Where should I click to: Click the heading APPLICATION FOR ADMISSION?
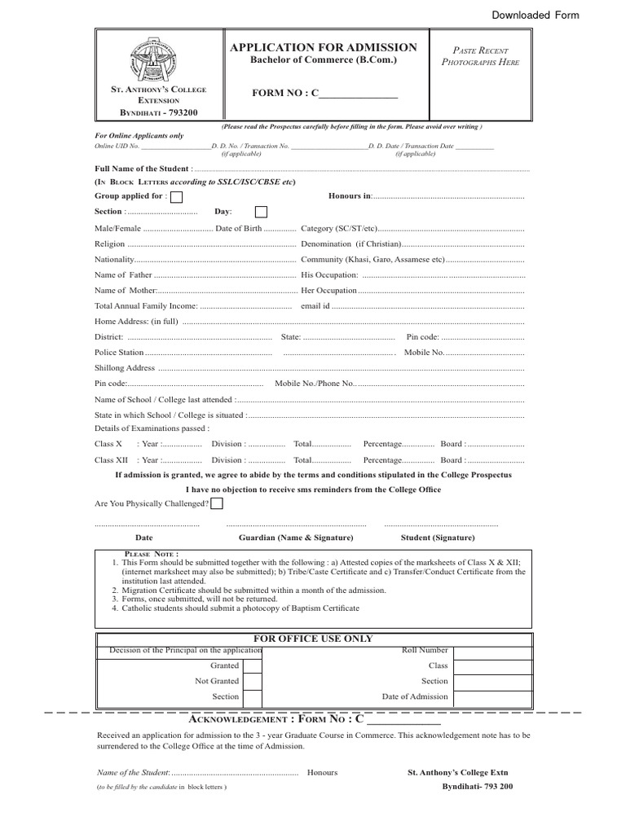pyautogui.click(x=324, y=48)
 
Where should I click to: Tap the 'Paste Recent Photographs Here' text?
pyautogui.click(x=480, y=56)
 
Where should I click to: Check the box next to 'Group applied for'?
pyautogui.click(x=176, y=197)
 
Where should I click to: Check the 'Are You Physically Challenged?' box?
pyautogui.click(x=217, y=503)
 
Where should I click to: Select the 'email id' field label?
pyautogui.click(x=315, y=306)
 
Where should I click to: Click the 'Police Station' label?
pyautogui.click(x=119, y=353)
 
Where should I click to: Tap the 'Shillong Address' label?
pyautogui.click(x=125, y=368)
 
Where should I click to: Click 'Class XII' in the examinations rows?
pyautogui.click(x=110, y=460)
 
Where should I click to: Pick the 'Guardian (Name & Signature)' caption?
pyautogui.click(x=296, y=538)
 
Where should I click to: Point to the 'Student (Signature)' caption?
pyautogui.click(x=438, y=538)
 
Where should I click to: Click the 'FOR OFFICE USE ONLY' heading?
pyautogui.click(x=314, y=639)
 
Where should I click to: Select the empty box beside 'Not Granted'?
pyautogui.click(x=253, y=681)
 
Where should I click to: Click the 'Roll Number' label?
pyautogui.click(x=425, y=651)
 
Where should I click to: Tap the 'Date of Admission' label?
pyautogui.click(x=415, y=696)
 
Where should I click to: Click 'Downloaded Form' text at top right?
pyautogui.click(x=535, y=15)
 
